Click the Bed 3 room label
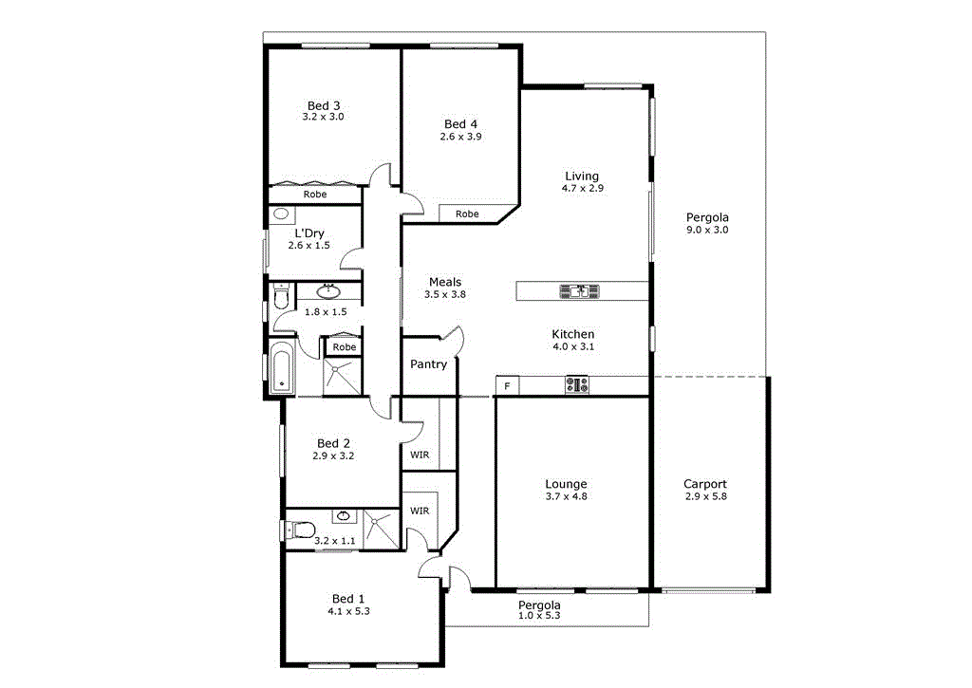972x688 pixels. click(323, 105)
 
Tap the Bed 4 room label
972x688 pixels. click(460, 124)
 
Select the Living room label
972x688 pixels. click(582, 176)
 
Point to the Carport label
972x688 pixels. click(705, 483)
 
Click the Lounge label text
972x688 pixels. click(566, 483)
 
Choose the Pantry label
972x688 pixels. click(428, 363)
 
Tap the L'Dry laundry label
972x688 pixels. click(309, 232)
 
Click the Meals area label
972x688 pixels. click(445, 282)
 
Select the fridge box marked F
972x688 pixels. click(507, 385)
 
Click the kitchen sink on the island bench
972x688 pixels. click(578, 291)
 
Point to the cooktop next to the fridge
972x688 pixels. click(577, 385)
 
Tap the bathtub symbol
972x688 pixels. click(281, 370)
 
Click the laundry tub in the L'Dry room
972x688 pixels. click(281, 214)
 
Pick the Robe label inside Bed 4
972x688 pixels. click(467, 214)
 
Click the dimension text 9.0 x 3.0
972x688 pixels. click(707, 230)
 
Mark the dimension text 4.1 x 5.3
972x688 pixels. click(348, 611)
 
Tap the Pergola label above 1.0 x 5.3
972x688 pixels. click(539, 604)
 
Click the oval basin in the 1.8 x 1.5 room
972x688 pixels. click(329, 290)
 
